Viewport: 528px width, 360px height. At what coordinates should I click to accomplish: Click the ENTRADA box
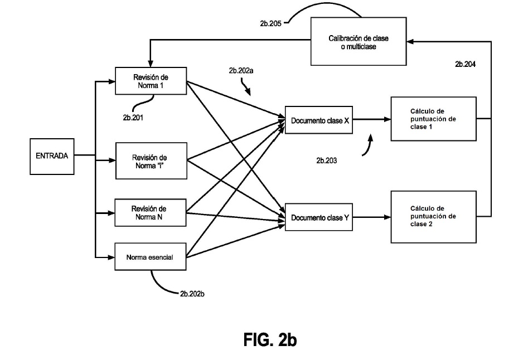(x=52, y=157)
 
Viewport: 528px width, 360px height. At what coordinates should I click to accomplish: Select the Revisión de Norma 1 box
(x=151, y=81)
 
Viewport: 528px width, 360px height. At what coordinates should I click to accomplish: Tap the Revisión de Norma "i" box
(x=151, y=161)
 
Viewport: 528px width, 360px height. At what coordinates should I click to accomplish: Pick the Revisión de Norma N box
(x=150, y=213)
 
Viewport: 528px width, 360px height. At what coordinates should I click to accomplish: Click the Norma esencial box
(x=150, y=256)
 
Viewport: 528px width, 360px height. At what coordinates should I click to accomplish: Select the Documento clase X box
(x=319, y=120)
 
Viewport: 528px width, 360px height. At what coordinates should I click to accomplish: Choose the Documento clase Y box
(x=319, y=217)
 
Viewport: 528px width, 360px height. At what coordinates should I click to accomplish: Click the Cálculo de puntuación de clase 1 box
(x=433, y=119)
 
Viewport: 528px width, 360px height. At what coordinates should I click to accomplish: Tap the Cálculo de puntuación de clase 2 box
(x=433, y=217)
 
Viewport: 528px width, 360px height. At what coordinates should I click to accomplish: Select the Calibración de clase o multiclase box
(x=359, y=41)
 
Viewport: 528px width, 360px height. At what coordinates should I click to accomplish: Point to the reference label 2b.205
(x=271, y=23)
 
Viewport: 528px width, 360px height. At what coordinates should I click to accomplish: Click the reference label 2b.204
(x=466, y=64)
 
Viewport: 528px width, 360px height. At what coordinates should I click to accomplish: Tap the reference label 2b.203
(x=326, y=160)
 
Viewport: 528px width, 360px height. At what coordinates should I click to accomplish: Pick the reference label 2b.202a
(x=241, y=71)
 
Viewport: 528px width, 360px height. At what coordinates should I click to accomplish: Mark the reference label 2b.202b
(x=192, y=294)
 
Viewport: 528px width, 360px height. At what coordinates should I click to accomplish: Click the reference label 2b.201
(x=133, y=118)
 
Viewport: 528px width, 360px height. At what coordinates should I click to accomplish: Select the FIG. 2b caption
(x=270, y=339)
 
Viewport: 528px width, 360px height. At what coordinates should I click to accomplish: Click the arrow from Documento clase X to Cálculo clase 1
(x=372, y=119)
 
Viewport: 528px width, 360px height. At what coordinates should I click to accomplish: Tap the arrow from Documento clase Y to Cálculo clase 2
(x=372, y=217)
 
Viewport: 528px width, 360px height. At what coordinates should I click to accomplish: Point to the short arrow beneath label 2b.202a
(x=245, y=86)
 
